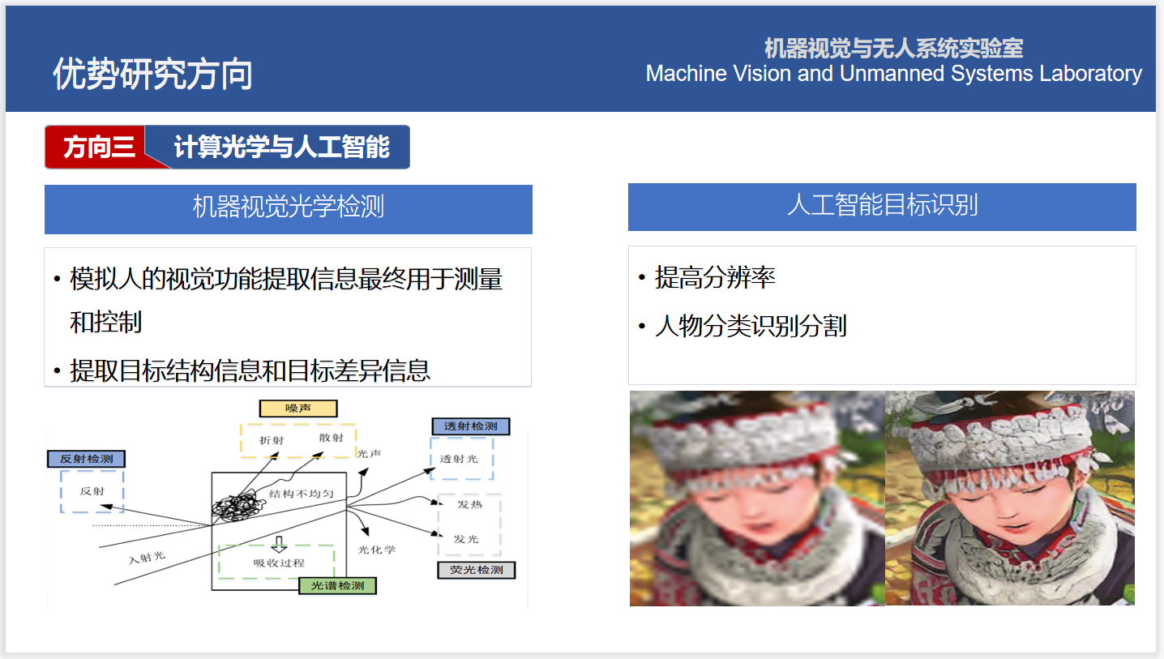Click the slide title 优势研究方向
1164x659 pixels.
[152, 74]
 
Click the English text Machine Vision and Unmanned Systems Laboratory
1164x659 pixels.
[893, 73]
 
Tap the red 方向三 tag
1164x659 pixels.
[99, 147]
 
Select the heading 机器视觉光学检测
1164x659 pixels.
[289, 207]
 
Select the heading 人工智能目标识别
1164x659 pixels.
[883, 205]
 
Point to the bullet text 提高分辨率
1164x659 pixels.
[715, 277]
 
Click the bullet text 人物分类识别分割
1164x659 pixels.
[751, 326]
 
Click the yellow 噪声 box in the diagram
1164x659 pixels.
[298, 409]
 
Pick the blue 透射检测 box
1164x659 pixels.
[471, 426]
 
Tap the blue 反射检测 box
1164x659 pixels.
[86, 459]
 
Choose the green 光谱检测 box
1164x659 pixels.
[338, 586]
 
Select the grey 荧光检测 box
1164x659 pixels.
[477, 570]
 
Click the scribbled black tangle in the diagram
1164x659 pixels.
[238, 507]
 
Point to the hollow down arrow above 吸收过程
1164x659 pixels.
[279, 544]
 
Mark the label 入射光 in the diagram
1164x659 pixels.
[147, 557]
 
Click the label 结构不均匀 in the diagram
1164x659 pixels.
[302, 493]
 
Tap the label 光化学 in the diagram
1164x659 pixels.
[377, 550]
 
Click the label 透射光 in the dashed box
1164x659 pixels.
[459, 459]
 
